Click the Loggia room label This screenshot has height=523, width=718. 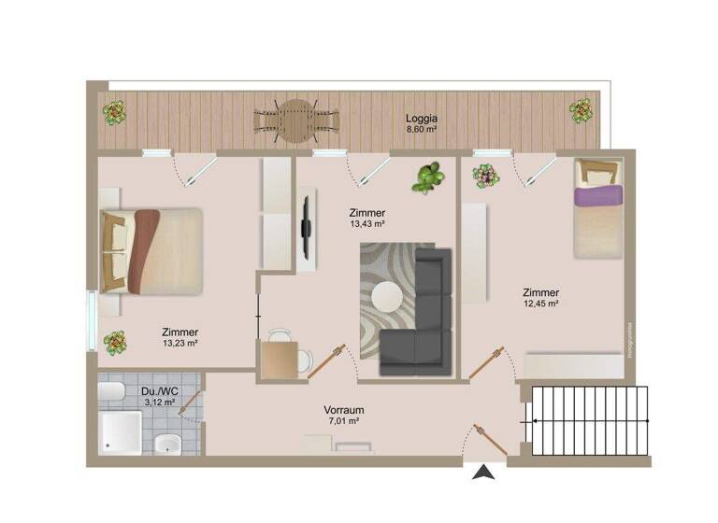pos(422,119)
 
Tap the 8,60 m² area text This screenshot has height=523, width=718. pos(422,130)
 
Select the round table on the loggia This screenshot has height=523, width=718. pos(296,120)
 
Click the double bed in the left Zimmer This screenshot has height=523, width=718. pos(151,249)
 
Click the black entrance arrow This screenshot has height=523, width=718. pos(483,474)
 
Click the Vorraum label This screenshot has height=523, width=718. pos(343,410)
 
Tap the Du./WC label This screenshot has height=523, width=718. pos(153,392)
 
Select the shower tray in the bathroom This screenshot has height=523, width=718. pos(121,433)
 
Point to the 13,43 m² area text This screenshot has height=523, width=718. pos(367,224)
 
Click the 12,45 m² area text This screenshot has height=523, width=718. pos(540,304)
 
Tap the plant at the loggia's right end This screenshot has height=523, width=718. pos(582,112)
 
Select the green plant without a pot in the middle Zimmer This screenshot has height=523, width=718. pos(428,177)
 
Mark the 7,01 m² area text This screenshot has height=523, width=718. pos(343,421)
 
